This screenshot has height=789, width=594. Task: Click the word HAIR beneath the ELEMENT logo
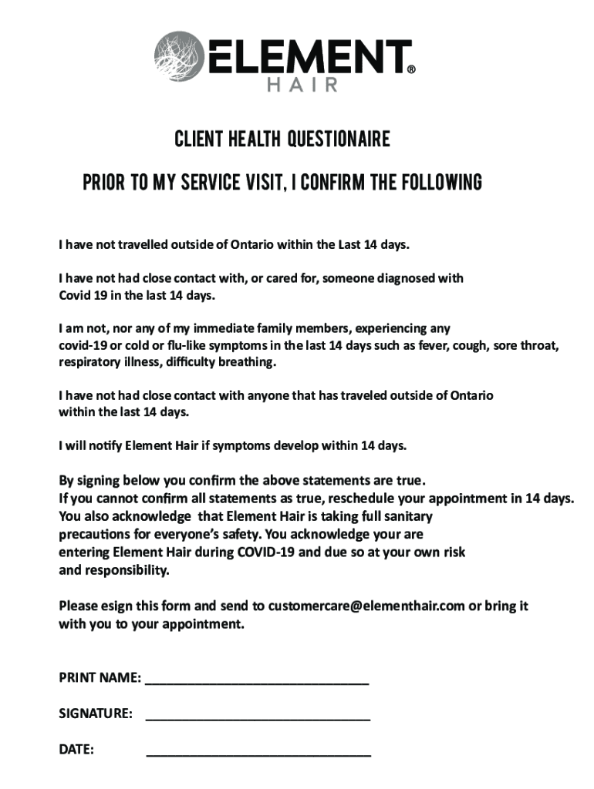point(302,85)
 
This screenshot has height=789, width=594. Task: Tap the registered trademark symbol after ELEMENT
point(411,69)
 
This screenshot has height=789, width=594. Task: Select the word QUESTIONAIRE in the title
point(339,140)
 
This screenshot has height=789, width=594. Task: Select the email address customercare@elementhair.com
point(366,606)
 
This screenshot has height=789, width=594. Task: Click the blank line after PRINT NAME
point(257,683)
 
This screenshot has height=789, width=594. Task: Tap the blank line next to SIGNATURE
point(258,718)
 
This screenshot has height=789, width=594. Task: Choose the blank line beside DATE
point(258,753)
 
